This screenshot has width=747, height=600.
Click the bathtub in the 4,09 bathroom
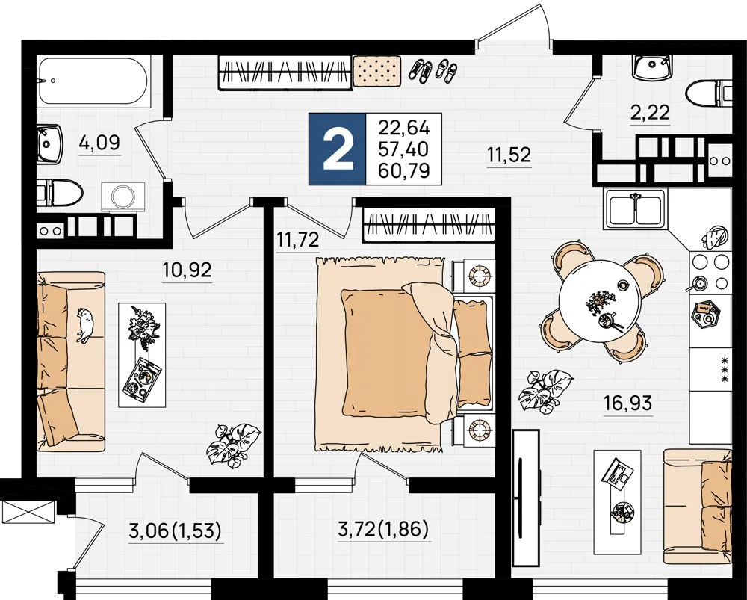point(95,81)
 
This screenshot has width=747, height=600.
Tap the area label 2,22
point(651,113)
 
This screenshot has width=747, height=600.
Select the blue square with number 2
point(338,149)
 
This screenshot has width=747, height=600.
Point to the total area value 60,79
point(404,170)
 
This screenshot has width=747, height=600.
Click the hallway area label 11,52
point(509,155)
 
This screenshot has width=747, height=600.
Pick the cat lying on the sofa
point(84,325)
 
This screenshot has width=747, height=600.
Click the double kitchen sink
point(635,209)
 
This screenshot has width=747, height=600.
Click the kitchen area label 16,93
point(627,404)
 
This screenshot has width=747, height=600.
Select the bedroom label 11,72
point(298,239)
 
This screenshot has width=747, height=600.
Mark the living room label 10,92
point(187,270)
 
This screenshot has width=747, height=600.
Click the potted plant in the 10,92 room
point(233,445)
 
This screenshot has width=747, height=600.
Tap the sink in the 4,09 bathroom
point(49,143)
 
